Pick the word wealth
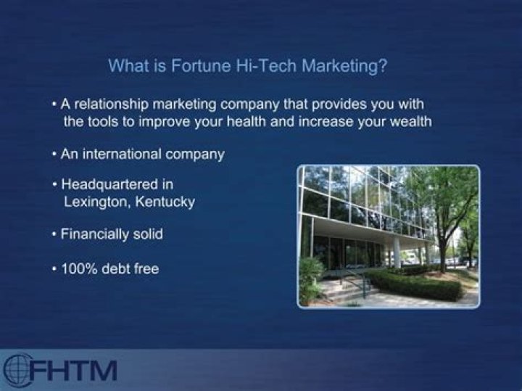click(409, 122)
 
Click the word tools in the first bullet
click(103, 122)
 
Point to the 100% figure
click(77, 269)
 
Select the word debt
click(111, 269)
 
